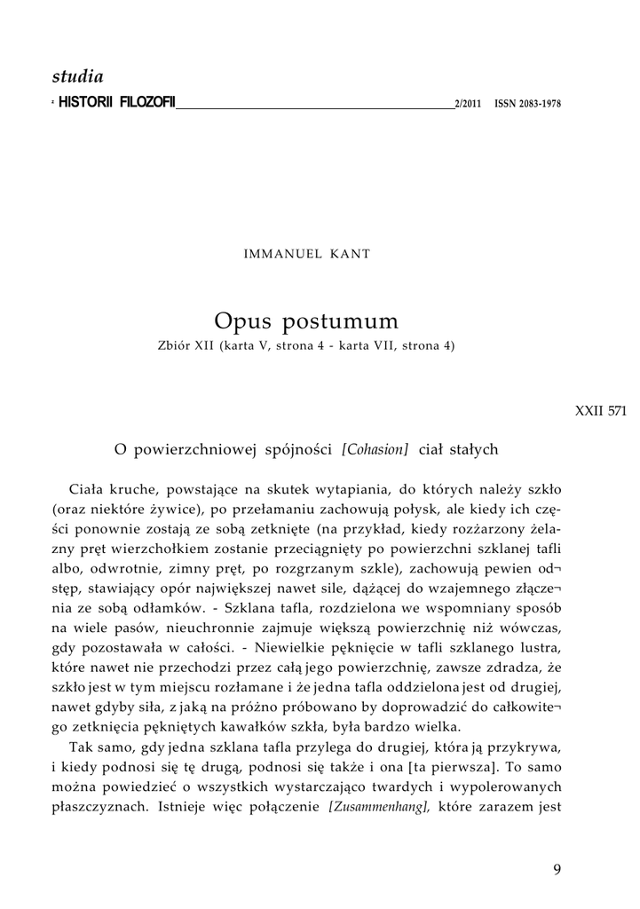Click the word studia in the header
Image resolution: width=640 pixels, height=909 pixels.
click(x=78, y=77)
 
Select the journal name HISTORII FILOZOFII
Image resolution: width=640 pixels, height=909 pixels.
click(x=117, y=103)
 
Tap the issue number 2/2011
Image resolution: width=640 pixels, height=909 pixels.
click(x=467, y=104)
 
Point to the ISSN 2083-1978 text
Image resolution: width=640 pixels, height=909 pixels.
click(x=527, y=104)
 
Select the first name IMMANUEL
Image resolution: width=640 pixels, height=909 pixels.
click(x=280, y=254)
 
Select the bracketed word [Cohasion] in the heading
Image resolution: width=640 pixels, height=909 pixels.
click(x=375, y=449)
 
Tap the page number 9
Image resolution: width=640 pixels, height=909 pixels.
click(x=557, y=869)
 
